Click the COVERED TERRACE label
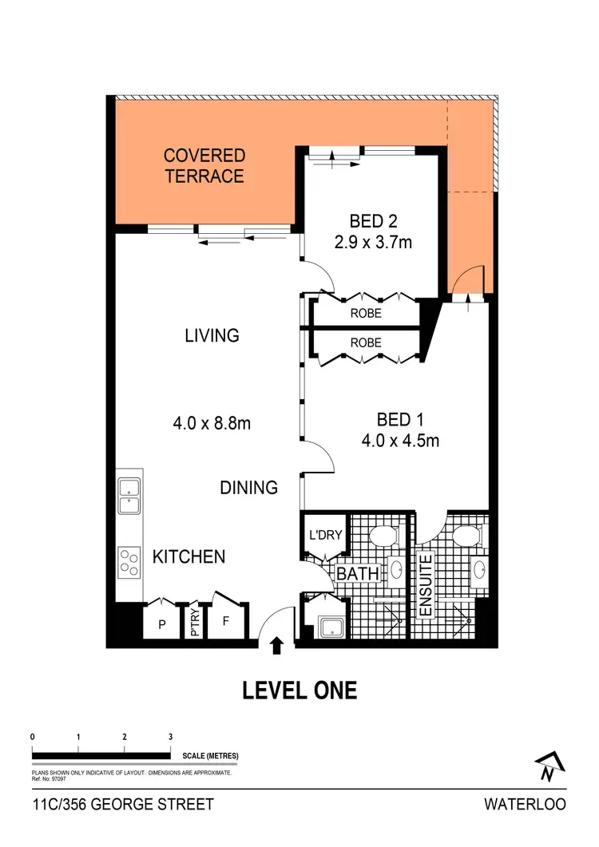coord(204,165)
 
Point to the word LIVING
coord(212,335)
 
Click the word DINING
coord(249,487)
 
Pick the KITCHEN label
coord(189,556)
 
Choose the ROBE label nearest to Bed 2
coord(366,314)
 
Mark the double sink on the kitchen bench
coord(129,496)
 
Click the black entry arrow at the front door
coord(277,645)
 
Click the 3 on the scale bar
coord(170,736)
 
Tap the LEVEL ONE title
coord(299,690)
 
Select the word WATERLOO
coord(525,804)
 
